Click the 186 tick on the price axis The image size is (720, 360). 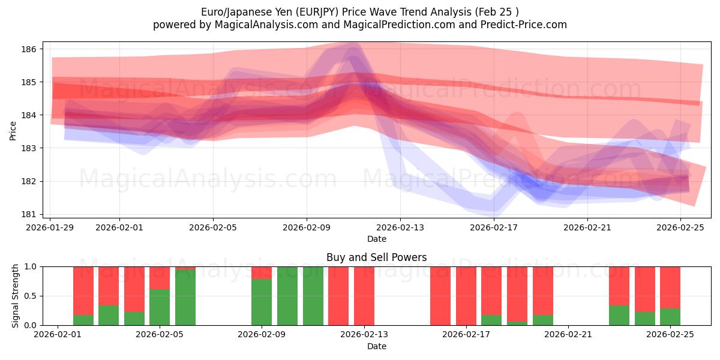pos(30,49)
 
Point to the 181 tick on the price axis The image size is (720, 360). pos(30,214)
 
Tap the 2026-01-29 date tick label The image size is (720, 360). pos(50,227)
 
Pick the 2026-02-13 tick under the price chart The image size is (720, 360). pos(400,227)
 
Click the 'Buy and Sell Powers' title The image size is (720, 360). pos(376,257)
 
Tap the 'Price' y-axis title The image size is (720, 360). pos(13,130)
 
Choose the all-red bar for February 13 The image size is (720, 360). pos(364,296)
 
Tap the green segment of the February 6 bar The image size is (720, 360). pos(185,298)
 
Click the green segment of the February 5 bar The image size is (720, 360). pos(160,308)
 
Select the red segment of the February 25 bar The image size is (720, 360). pos(670,287)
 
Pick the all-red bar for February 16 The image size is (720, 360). pos(440,296)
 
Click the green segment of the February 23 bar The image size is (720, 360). pos(619,316)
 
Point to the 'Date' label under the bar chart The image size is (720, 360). pos(376,346)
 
